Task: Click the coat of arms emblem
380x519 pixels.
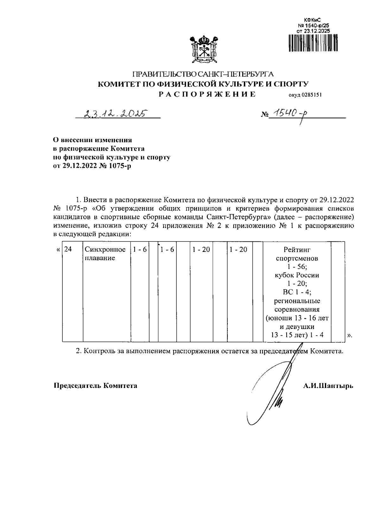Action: coord(203,49)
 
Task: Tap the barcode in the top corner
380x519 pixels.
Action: coord(313,43)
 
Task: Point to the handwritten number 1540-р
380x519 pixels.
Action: coord(290,113)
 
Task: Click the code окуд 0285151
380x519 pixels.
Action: coord(305,95)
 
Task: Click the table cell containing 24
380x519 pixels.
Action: coord(68,250)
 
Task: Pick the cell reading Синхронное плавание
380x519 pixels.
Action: coord(105,254)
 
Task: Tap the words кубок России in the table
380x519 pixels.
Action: coord(297,275)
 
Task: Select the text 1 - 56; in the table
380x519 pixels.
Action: coord(297,267)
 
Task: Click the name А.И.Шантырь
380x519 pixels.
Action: coord(328,386)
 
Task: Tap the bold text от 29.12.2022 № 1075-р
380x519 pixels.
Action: coord(92,166)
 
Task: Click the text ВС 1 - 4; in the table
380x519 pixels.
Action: coord(297,292)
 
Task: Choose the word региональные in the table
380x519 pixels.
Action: coord(297,301)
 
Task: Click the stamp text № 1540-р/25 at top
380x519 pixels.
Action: coord(313,25)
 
